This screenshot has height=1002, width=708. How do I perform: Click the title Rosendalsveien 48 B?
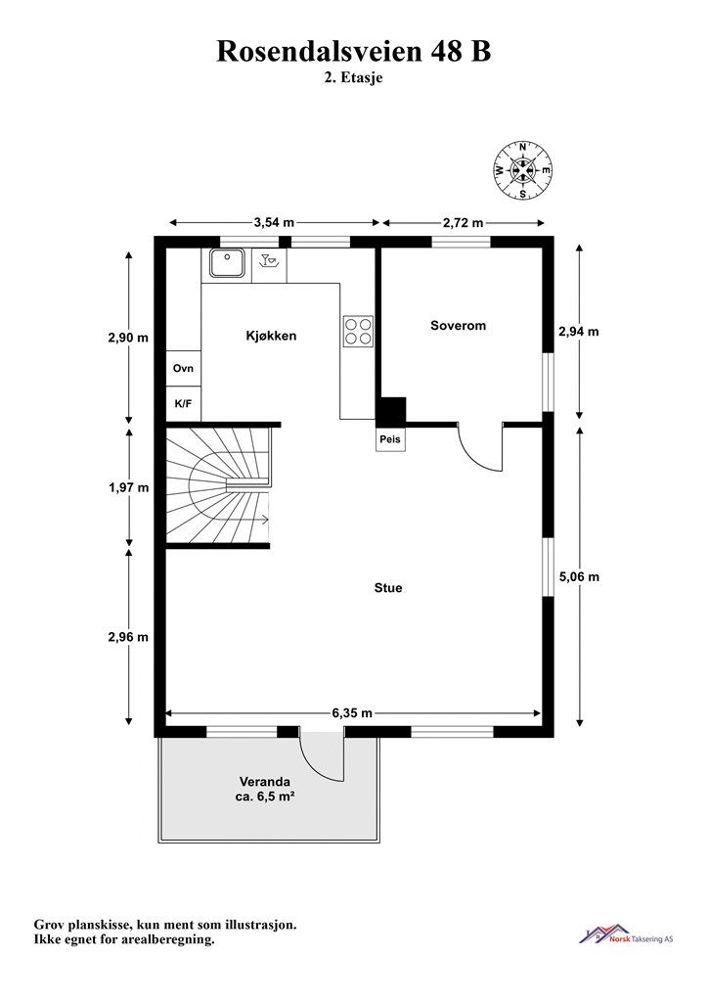354,52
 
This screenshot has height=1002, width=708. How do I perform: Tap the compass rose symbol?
523,170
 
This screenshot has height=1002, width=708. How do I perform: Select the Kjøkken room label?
271,336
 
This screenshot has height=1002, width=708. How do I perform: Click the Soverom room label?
459,325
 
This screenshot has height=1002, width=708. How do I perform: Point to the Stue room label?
388,588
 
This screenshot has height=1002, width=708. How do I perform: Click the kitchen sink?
227,262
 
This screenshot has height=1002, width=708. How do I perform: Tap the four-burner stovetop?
358,331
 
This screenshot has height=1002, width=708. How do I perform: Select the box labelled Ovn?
183,368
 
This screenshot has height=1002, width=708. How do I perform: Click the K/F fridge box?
183,403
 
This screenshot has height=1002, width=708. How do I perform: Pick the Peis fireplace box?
390,439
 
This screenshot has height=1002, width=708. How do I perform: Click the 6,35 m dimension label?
352,713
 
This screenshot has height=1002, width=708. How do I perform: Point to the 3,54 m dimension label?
274,222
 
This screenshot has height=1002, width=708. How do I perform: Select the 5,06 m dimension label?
579,577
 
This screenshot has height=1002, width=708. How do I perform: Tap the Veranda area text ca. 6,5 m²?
265,797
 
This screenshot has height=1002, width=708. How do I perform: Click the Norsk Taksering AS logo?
626,934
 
